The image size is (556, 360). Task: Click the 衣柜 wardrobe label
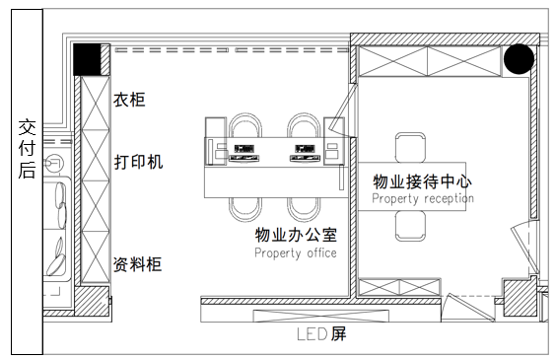pyautogui.click(x=129, y=101)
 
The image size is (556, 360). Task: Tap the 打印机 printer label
pyautogui.click(x=138, y=161)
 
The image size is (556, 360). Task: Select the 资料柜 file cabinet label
pyautogui.click(x=138, y=263)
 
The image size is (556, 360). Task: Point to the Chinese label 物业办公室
pyautogui.click(x=296, y=236)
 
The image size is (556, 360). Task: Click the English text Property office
pyautogui.click(x=296, y=253)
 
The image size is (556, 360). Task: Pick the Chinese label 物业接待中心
pyautogui.click(x=423, y=182)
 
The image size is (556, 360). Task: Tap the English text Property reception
pyautogui.click(x=423, y=198)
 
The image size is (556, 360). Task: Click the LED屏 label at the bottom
pyautogui.click(x=321, y=333)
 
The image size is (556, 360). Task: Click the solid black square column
pyautogui.click(x=90, y=59)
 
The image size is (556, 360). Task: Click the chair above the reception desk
pyautogui.click(x=410, y=146)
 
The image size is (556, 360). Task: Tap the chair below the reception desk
pyautogui.click(x=410, y=225)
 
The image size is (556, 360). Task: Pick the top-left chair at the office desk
pyautogui.click(x=243, y=130)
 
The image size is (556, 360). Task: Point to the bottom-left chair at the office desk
pyautogui.click(x=243, y=206)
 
